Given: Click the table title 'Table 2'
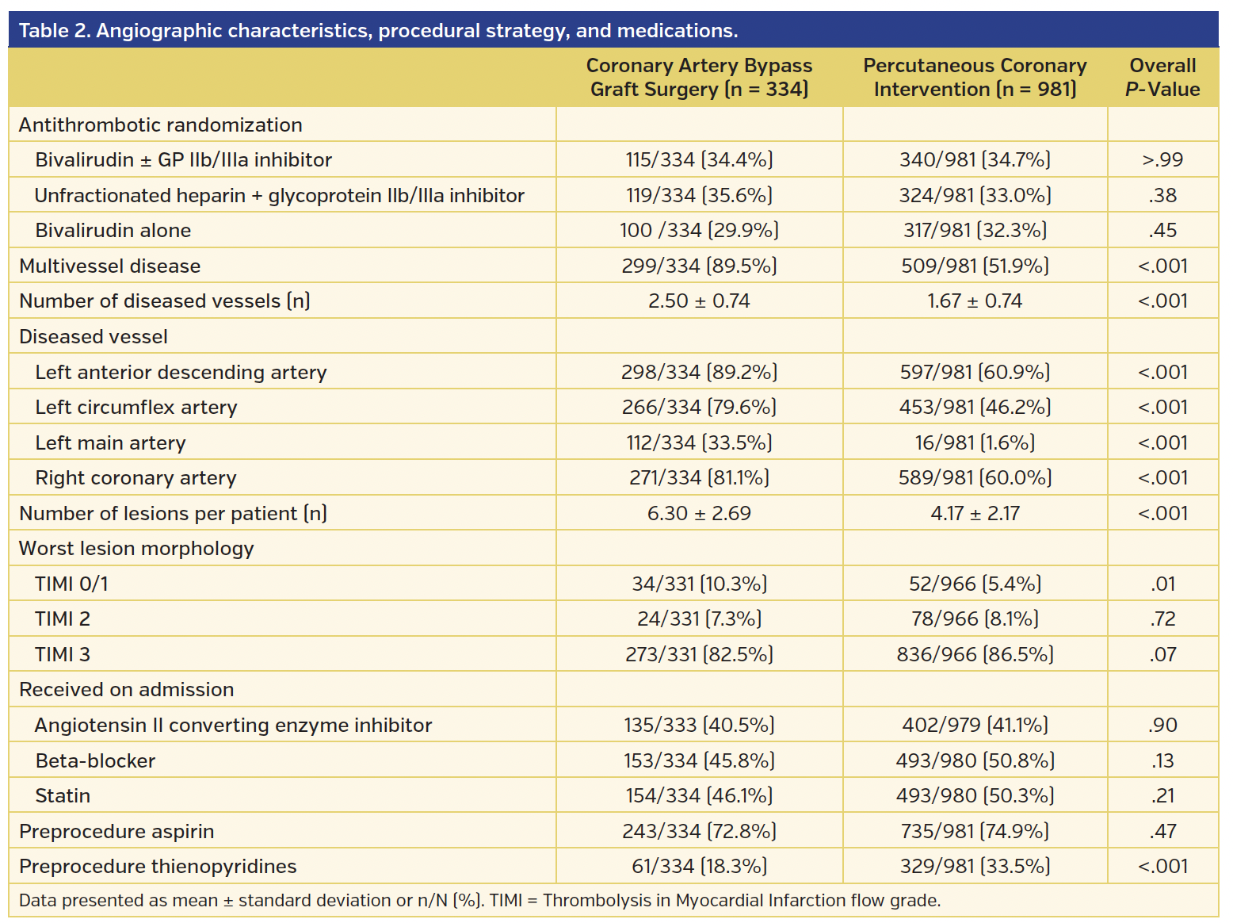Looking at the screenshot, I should (x=377, y=31).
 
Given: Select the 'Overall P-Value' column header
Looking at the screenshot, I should (x=1162, y=77).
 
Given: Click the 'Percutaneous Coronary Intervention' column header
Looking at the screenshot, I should (x=974, y=77).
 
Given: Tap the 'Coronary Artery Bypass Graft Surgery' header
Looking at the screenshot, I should (x=699, y=77).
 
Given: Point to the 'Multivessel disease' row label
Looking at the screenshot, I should (x=110, y=266).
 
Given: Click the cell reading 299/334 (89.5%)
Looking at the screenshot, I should (x=699, y=266).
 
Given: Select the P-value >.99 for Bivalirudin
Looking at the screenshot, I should (x=1162, y=159).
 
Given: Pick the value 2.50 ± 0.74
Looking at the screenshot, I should (x=699, y=301).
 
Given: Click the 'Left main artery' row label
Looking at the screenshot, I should (x=110, y=442).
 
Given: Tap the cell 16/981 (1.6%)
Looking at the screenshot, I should (x=974, y=442).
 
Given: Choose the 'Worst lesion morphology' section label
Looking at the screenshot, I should (x=136, y=549).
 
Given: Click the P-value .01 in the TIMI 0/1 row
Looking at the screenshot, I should (x=1162, y=584).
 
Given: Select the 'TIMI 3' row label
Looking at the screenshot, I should (x=63, y=654).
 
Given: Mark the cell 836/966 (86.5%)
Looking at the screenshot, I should (x=974, y=654).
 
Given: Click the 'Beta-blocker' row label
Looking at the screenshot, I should (x=95, y=760).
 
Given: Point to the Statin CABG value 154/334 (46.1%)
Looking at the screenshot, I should (x=699, y=795).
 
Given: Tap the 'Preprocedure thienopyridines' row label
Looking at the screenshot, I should (x=158, y=867).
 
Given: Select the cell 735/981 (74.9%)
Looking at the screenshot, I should (x=974, y=831).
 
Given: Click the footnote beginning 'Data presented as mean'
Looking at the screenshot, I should (x=479, y=901).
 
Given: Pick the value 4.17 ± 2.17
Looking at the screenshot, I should (x=974, y=513).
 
